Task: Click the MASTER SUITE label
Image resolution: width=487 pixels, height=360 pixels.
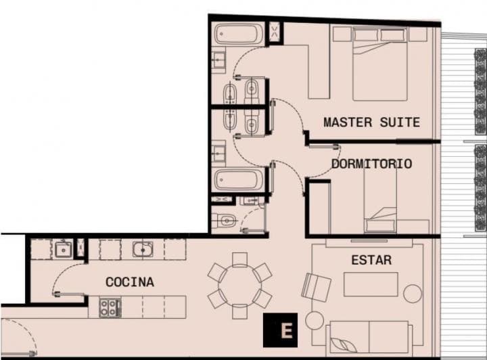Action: pyautogui.click(x=371, y=122)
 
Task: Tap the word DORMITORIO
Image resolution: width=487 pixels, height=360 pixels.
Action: pyautogui.click(x=371, y=164)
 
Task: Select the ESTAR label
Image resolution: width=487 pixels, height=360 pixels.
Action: pyautogui.click(x=371, y=260)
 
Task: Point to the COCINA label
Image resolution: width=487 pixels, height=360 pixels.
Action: pyautogui.click(x=129, y=282)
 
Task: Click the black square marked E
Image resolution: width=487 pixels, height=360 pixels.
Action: pyautogui.click(x=285, y=331)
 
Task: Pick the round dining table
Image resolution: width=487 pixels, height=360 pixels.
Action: pyautogui.click(x=239, y=285)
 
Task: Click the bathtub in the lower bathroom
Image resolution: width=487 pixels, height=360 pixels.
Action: pyautogui.click(x=238, y=181)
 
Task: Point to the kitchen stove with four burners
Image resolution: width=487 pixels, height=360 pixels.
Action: pyautogui.click(x=110, y=308)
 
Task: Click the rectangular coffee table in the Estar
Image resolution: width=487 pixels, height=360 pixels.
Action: pyautogui.click(x=370, y=284)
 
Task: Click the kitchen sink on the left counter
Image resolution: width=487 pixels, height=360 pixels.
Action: pyautogui.click(x=63, y=249)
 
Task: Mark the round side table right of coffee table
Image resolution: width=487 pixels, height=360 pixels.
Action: pyautogui.click(x=412, y=294)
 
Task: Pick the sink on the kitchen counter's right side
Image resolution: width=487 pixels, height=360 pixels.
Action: pyautogui.click(x=143, y=249)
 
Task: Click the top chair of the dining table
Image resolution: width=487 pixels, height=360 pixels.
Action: pyautogui.click(x=239, y=258)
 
